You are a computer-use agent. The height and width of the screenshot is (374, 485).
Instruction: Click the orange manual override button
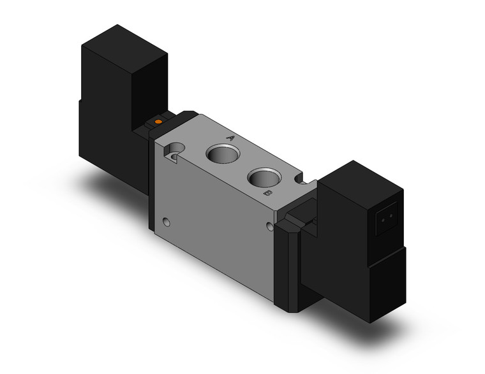(158, 121)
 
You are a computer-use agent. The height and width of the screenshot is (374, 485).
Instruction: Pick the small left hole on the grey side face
(167, 223)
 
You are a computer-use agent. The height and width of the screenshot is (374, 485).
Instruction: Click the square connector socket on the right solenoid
(384, 217)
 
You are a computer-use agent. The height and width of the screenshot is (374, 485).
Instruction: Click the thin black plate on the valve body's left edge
(151, 185)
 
